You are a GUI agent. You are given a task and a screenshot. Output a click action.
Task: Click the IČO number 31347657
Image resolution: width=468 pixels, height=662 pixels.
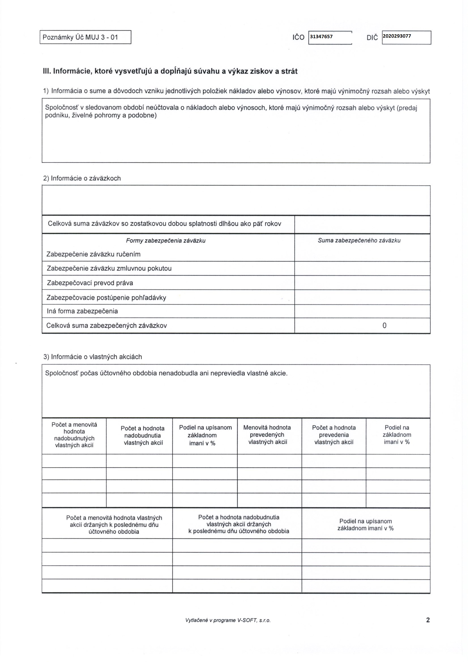click(x=321, y=37)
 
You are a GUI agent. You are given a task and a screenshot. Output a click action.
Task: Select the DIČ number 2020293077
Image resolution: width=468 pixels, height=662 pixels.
click(x=397, y=36)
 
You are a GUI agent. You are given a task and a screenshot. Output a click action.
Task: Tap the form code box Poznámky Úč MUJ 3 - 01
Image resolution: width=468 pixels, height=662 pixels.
click(x=85, y=37)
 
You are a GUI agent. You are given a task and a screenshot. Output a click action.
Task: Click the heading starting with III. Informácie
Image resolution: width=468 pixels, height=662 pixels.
click(x=170, y=71)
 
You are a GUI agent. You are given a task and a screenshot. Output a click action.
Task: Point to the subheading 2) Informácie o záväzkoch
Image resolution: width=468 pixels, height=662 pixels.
click(x=82, y=178)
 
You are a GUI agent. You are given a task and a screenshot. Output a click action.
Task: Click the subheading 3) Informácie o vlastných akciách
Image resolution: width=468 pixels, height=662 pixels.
click(x=93, y=357)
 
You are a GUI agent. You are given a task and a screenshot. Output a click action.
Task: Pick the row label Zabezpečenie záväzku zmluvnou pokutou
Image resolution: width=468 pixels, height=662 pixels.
click(x=109, y=268)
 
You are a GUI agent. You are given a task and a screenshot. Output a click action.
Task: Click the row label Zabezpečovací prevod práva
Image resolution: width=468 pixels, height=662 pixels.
click(x=90, y=283)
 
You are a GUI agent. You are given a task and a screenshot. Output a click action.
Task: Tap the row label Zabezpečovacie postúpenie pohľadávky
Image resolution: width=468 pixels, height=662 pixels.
click(x=106, y=297)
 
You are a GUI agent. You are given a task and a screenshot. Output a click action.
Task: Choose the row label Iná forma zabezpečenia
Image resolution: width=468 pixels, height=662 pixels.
click(x=82, y=311)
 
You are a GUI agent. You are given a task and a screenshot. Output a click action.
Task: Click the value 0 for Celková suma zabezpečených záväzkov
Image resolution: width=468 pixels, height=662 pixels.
click(x=384, y=325)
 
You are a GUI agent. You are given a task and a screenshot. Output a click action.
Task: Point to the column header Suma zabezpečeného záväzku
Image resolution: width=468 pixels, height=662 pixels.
click(x=359, y=241)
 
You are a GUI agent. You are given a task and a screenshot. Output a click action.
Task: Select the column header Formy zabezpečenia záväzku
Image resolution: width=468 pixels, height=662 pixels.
click(x=166, y=241)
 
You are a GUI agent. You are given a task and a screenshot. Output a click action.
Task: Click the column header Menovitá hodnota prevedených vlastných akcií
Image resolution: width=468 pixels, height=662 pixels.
click(x=267, y=434)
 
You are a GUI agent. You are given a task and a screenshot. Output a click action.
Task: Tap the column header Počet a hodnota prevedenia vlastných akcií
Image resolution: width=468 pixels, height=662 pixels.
click(x=334, y=435)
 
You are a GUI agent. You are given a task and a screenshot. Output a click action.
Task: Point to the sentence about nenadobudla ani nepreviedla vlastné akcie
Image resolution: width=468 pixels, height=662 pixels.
click(x=166, y=373)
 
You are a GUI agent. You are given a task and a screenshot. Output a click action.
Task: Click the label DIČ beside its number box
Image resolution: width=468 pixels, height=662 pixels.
click(x=372, y=37)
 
